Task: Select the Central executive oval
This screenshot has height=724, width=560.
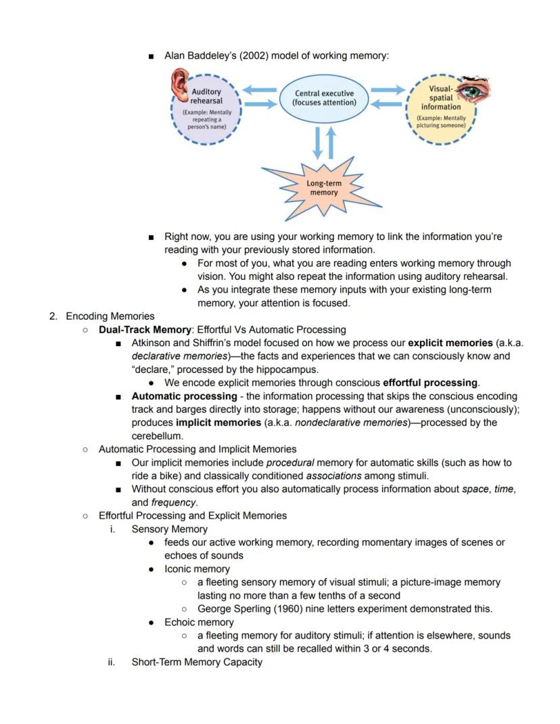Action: [324, 98]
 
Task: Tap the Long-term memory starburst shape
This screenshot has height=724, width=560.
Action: [324, 188]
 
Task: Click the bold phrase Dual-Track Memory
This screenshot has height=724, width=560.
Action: [144, 330]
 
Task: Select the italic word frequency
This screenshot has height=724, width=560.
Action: [173, 502]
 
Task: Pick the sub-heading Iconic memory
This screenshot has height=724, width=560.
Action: [197, 569]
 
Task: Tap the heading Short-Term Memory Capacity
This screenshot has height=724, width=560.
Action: [196, 662]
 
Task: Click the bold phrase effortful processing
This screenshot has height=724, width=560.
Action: [430, 383]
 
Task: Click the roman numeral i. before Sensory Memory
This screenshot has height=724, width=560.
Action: [112, 529]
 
